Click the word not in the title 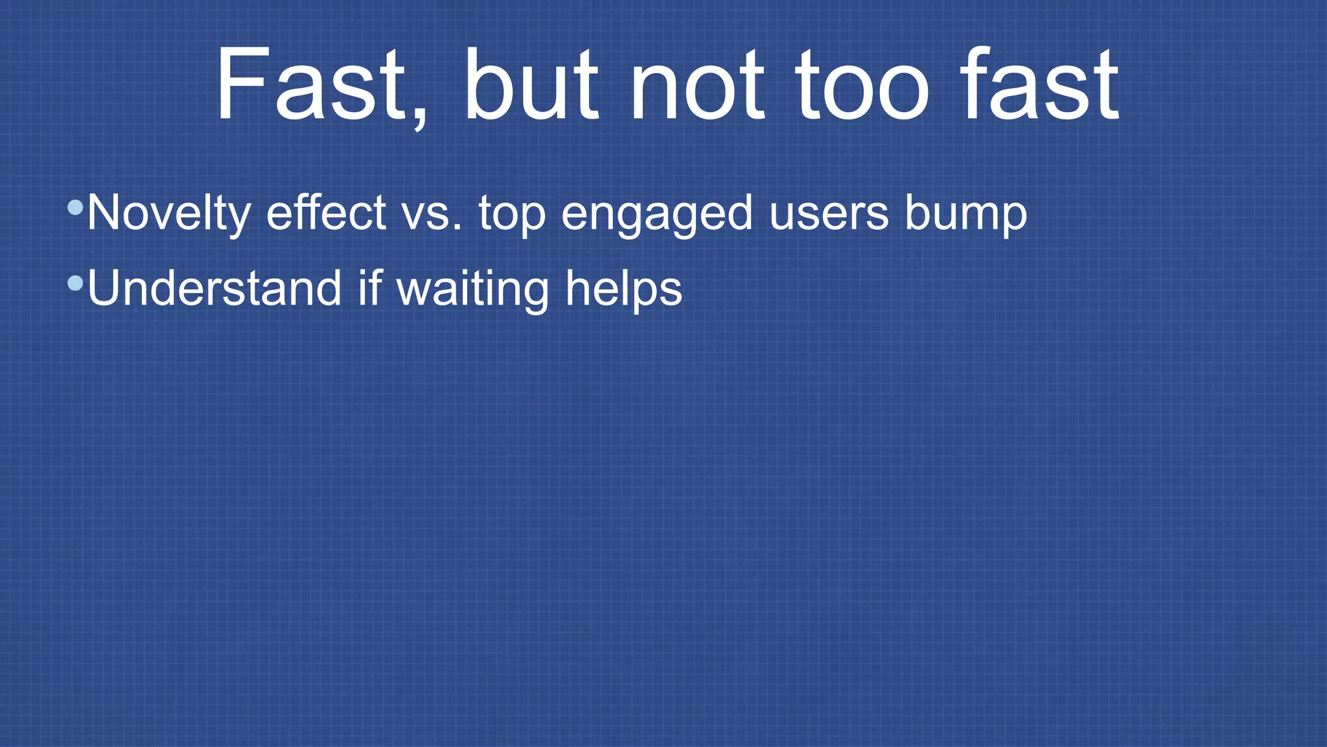coord(697,84)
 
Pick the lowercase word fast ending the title coord(1040,84)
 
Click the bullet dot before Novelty coord(75,207)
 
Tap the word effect coord(326,213)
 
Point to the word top coord(512,214)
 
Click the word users coord(829,214)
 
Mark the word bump coord(965,214)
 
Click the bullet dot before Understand coord(75,283)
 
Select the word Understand coord(214,288)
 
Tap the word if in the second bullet coord(369,288)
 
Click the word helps coord(623,289)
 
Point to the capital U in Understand coord(104,288)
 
